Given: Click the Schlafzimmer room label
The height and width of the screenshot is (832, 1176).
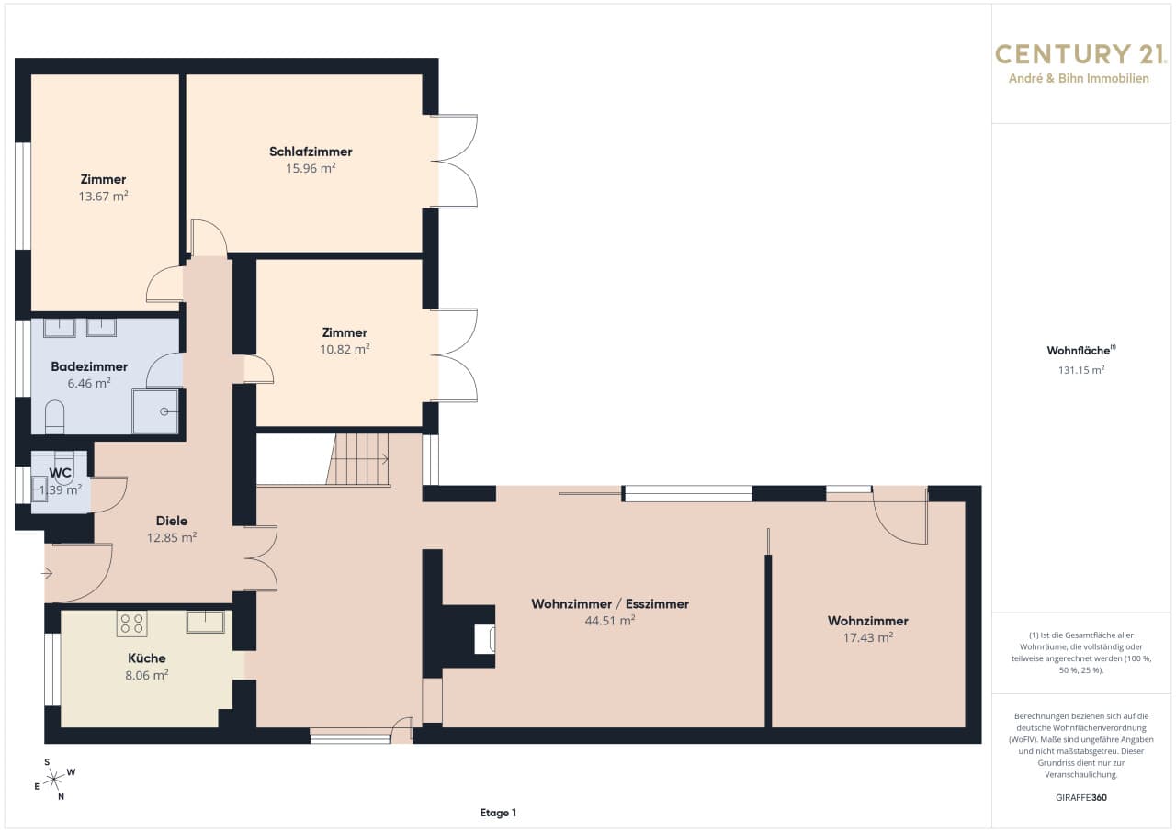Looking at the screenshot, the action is pyautogui.click(x=311, y=152).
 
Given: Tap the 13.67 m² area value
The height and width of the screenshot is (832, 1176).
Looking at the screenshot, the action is pyautogui.click(x=104, y=197).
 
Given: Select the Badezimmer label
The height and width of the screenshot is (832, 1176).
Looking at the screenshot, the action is pyautogui.click(x=89, y=366).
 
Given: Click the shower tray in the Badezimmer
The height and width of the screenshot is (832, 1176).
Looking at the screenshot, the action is pyautogui.click(x=155, y=411).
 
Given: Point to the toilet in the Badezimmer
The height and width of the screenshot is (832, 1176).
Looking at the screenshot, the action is pyautogui.click(x=54, y=418).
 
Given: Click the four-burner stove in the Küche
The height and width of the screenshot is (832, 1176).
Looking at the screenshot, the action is pyautogui.click(x=131, y=624).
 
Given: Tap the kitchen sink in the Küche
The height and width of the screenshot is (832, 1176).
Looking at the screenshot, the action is pyautogui.click(x=205, y=622).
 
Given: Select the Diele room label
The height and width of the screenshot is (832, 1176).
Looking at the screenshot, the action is pyautogui.click(x=172, y=521).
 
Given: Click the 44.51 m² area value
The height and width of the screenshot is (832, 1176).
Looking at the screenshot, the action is pyautogui.click(x=610, y=621).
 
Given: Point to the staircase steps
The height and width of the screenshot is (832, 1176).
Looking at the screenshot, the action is pyautogui.click(x=358, y=459).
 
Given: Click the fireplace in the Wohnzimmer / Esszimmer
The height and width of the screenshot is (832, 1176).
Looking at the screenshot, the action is pyautogui.click(x=484, y=638).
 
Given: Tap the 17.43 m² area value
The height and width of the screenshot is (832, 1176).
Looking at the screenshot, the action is pyautogui.click(x=868, y=637).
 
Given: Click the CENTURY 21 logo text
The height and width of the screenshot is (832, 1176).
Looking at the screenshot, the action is pyautogui.click(x=1080, y=54).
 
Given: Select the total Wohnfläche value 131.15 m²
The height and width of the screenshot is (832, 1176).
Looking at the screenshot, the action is pyautogui.click(x=1081, y=370).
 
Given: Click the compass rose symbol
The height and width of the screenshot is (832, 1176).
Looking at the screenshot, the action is pyautogui.click(x=54, y=780).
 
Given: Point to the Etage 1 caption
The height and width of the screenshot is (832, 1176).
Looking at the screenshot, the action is pyautogui.click(x=498, y=813).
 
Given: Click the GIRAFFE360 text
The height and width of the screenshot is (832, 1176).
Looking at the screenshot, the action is pyautogui.click(x=1081, y=797).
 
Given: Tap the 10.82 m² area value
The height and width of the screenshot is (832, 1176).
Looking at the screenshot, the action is pyautogui.click(x=345, y=349).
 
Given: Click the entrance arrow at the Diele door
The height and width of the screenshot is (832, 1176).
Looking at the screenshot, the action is pyautogui.click(x=47, y=573).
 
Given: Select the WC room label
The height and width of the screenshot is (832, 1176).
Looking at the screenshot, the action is pyautogui.click(x=60, y=473).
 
